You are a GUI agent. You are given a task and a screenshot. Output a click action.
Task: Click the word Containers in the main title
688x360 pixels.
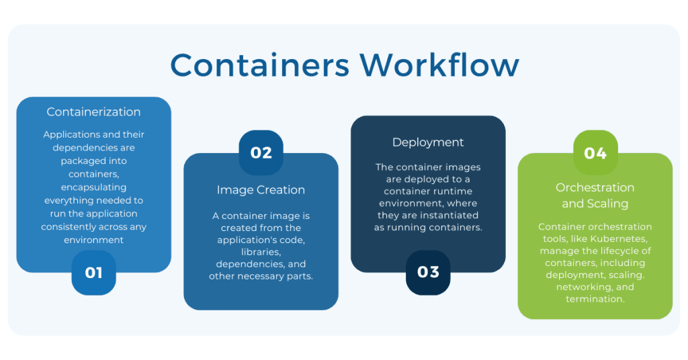[259, 66]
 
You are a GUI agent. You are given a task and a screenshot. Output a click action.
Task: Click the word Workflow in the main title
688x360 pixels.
[439, 66]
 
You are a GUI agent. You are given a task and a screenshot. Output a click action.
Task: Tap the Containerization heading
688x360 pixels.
[93, 112]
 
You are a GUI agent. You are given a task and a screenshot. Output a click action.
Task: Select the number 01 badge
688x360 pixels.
[93, 273]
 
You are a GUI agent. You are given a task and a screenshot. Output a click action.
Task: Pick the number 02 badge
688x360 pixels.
[261, 152]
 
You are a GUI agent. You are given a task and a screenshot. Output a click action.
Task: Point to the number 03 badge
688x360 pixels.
[428, 272]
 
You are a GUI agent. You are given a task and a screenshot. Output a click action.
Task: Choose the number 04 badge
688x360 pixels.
[595, 153]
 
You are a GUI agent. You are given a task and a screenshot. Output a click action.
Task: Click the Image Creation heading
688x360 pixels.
[261, 190]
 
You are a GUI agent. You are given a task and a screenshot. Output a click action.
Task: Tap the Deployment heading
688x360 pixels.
[428, 142]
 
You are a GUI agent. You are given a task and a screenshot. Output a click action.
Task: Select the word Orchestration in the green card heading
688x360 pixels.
[595, 187]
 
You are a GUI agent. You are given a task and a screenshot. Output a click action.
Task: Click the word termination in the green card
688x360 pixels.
[595, 299]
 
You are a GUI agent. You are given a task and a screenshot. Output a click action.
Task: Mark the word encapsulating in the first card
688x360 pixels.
[93, 187]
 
